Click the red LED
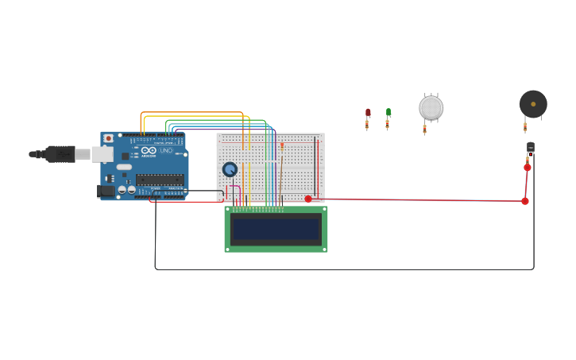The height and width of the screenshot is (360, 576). [x=368, y=113]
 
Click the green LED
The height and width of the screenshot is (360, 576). [x=389, y=112]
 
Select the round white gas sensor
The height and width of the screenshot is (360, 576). [x=431, y=107]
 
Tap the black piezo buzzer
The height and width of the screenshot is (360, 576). [x=533, y=104]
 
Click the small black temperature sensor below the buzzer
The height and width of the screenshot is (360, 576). [x=530, y=147]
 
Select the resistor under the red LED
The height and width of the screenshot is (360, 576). [x=367, y=125]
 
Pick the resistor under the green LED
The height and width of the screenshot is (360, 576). [x=388, y=124]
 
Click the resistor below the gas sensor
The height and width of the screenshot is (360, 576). [x=424, y=128]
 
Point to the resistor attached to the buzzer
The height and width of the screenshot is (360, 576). [x=525, y=126]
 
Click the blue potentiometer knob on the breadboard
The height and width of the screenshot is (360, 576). [x=230, y=169]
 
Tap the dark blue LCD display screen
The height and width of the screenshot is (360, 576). [x=276, y=229]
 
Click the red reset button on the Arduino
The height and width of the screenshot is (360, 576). [x=109, y=138]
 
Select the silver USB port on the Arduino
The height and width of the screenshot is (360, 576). [x=102, y=154]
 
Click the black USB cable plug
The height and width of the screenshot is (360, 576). [x=59, y=153]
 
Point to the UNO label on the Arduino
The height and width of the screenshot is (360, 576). [x=165, y=150]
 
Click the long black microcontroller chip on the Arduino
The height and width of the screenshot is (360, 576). [x=160, y=180]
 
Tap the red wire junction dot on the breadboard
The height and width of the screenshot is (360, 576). [x=308, y=199]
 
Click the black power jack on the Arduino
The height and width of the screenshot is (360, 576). [x=105, y=191]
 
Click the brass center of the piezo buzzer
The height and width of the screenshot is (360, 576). [x=533, y=104]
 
